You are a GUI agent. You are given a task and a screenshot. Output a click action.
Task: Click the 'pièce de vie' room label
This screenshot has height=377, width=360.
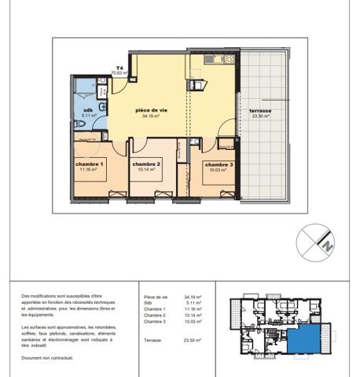[152, 110]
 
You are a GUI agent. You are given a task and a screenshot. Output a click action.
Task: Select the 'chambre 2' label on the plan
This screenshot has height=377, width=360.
[147, 163]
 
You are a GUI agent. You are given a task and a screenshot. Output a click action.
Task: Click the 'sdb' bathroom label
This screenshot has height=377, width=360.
[88, 110]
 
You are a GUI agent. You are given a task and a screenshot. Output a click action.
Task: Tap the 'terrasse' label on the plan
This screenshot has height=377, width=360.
[260, 111]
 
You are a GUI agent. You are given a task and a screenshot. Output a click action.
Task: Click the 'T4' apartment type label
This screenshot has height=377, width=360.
[119, 68]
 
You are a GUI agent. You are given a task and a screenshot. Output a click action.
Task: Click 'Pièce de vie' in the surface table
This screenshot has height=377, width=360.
[156, 297]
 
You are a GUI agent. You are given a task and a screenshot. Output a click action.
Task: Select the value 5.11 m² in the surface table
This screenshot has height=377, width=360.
[193, 303]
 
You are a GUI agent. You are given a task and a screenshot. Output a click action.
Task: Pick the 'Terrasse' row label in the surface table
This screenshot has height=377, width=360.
[154, 340]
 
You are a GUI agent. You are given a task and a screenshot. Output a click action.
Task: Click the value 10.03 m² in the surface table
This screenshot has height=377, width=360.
[193, 321]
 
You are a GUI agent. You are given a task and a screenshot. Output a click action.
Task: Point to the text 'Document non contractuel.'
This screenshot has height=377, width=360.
[48, 357]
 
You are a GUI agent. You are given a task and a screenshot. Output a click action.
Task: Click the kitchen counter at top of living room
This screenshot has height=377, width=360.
[213, 60]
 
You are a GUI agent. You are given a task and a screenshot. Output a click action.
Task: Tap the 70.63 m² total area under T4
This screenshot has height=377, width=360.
[119, 73]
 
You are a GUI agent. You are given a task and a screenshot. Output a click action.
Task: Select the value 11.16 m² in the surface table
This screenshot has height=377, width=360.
[193, 309]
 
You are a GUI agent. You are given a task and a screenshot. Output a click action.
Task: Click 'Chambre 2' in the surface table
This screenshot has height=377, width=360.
[155, 315]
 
